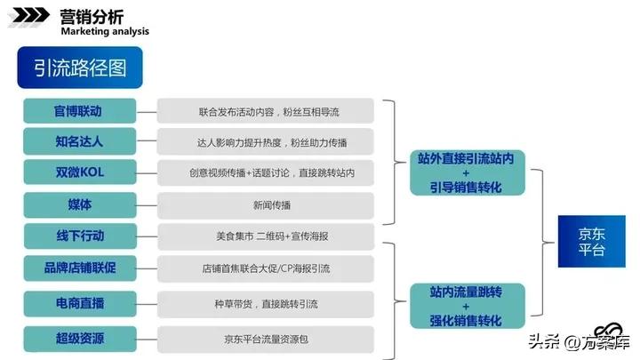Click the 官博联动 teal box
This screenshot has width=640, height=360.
[x=80, y=111]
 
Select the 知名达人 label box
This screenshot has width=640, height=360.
[x=80, y=141]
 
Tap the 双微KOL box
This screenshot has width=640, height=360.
[x=80, y=172]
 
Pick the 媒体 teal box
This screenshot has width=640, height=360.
[x=80, y=204]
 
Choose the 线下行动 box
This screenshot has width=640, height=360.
[x=80, y=236]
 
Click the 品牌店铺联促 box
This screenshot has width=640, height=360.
[x=80, y=267]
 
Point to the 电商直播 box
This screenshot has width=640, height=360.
[x=80, y=304]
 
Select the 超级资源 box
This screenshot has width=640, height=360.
[x=80, y=338]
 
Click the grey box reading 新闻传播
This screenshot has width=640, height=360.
[x=266, y=205]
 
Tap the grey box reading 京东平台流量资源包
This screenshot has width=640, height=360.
[x=266, y=339]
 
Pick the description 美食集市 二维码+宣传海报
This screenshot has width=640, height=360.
[x=266, y=236]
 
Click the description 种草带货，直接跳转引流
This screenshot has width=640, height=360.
[x=266, y=304]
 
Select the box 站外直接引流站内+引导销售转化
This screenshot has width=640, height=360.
[x=466, y=172]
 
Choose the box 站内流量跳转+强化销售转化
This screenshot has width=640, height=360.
[x=466, y=304]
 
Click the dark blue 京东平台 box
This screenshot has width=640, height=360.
[x=591, y=241]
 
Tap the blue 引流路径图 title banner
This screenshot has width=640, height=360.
[x=79, y=68]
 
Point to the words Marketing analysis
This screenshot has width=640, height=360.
[x=104, y=31]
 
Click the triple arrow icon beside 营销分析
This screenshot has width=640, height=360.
[x=29, y=17]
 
